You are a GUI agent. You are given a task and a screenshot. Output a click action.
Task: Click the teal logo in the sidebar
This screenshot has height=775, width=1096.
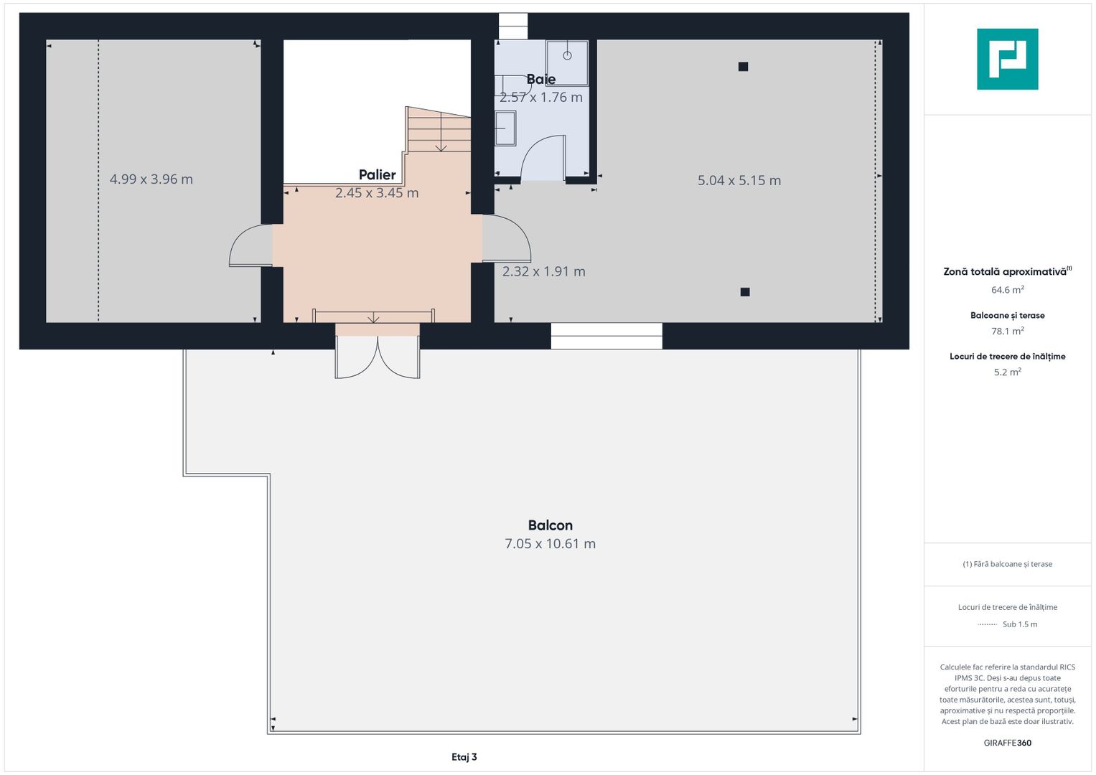[x=1008, y=59]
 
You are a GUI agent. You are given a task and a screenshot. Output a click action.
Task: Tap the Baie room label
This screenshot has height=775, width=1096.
[x=540, y=79]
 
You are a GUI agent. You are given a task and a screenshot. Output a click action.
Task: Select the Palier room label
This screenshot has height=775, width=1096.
[x=378, y=174]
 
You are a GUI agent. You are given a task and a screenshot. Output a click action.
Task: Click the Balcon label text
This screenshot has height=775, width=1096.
[x=550, y=525]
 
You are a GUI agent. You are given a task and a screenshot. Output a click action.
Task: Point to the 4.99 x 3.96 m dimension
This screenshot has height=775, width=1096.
[x=151, y=179]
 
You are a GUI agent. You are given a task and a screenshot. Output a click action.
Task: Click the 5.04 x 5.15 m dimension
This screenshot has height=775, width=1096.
[x=739, y=181]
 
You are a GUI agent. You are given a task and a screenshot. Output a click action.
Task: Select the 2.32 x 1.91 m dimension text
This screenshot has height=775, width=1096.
[x=543, y=271]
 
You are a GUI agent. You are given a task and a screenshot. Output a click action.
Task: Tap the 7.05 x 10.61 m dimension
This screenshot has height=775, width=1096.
[x=550, y=544]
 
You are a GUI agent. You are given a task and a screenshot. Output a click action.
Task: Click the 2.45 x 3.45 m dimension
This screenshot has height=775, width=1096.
[x=377, y=193]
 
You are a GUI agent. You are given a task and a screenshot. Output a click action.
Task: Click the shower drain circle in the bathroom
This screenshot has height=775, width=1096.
[x=567, y=56]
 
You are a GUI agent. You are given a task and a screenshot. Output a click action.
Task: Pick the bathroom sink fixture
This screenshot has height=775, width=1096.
[x=505, y=128]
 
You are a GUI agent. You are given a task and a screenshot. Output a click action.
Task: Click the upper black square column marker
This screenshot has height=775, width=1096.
[x=743, y=67]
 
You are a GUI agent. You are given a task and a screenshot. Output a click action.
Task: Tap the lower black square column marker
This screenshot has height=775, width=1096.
[x=745, y=292]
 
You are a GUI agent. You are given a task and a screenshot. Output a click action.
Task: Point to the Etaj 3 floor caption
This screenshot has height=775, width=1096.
[x=464, y=757]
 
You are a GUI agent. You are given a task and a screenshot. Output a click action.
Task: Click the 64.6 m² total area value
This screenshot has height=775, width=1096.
[x=1008, y=290]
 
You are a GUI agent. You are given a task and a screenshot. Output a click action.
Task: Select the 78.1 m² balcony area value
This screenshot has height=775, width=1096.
[x=1008, y=332]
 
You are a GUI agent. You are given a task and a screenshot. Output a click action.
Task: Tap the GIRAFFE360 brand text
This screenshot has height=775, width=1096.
[x=1008, y=743]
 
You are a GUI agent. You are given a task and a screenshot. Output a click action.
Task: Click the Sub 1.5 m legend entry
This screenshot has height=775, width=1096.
[x=1020, y=624]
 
